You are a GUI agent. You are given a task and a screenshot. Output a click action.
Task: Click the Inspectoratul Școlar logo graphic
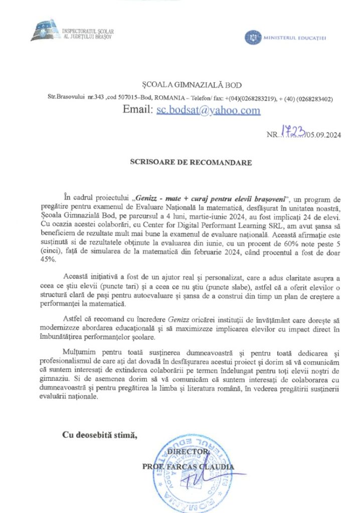pos(45,31)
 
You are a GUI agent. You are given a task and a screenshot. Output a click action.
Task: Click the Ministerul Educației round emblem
pos(252,37)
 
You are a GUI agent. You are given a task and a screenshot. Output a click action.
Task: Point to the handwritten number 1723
pos(298,132)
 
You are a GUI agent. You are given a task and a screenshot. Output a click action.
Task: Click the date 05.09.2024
pos(325,135)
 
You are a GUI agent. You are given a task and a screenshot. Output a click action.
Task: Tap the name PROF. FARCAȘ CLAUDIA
pos(188,467)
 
